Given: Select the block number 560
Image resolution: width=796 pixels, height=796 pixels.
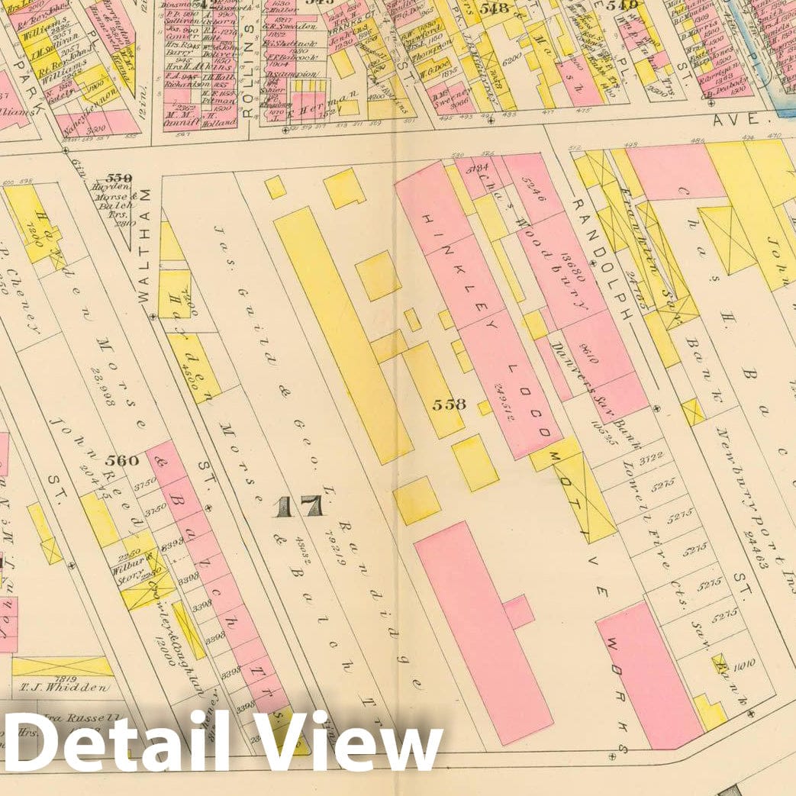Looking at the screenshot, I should point(122,460).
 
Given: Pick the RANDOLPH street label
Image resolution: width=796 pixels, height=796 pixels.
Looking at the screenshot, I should point(603,259).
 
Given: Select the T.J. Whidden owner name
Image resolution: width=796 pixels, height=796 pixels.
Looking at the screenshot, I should point(63,687).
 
